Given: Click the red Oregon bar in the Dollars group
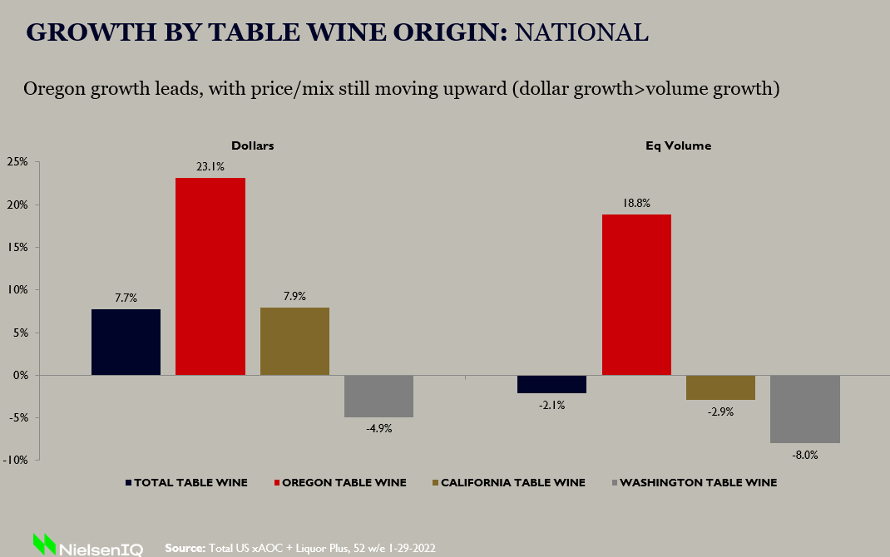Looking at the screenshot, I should [x=210, y=276].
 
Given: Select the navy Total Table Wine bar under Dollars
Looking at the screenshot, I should [x=126, y=342].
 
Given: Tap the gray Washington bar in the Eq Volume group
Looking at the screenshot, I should [x=804, y=409].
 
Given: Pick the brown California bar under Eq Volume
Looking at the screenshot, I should [x=720, y=387].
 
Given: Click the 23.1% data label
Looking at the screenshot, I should [x=210, y=166].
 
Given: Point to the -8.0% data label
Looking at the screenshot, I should [x=804, y=455].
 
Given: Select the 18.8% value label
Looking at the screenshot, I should [x=636, y=203].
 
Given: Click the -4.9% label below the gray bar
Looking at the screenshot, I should [x=378, y=429].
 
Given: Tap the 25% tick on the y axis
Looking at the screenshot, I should [x=17, y=161].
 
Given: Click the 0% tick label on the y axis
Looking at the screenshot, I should [x=20, y=375].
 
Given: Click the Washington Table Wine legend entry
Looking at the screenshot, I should [x=698, y=482].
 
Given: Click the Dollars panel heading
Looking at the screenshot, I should [x=252, y=145].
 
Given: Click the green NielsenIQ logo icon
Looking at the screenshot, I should [x=43, y=544].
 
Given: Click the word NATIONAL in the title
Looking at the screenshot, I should [x=581, y=32].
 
